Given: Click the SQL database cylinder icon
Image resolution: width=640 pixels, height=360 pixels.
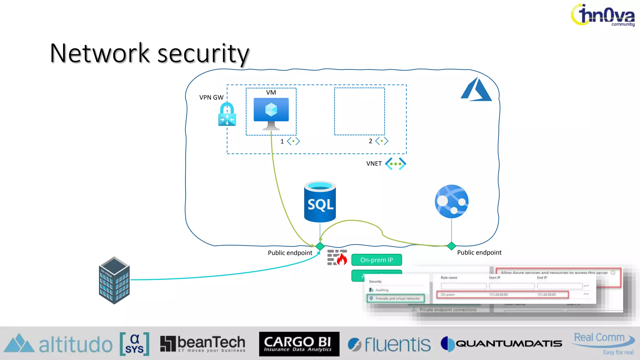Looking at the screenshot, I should (x=320, y=202).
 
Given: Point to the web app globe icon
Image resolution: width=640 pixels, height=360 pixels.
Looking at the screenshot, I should (x=451, y=201).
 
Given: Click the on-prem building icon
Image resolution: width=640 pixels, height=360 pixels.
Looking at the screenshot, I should (x=114, y=280).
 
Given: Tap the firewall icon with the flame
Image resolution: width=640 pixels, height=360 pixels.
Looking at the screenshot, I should (x=337, y=257).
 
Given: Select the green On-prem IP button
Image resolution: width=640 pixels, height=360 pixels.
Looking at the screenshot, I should (x=376, y=260).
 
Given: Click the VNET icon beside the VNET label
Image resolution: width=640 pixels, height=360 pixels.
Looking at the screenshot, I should (x=395, y=164).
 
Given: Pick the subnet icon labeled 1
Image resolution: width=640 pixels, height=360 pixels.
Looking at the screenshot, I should (x=293, y=141).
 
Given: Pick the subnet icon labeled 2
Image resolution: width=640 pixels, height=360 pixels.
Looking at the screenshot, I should (x=382, y=141).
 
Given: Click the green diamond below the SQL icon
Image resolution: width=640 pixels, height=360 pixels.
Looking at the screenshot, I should (x=320, y=246).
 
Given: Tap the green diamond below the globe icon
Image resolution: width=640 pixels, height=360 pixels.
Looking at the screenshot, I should (x=451, y=246).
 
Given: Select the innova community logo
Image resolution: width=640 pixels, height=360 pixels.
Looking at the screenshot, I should (x=603, y=15).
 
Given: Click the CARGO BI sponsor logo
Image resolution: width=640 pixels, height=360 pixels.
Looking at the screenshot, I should (x=299, y=344).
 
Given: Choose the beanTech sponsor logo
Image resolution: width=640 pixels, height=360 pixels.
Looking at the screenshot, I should (x=203, y=344).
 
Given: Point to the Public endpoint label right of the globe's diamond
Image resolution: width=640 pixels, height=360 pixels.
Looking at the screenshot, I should (x=479, y=252).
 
